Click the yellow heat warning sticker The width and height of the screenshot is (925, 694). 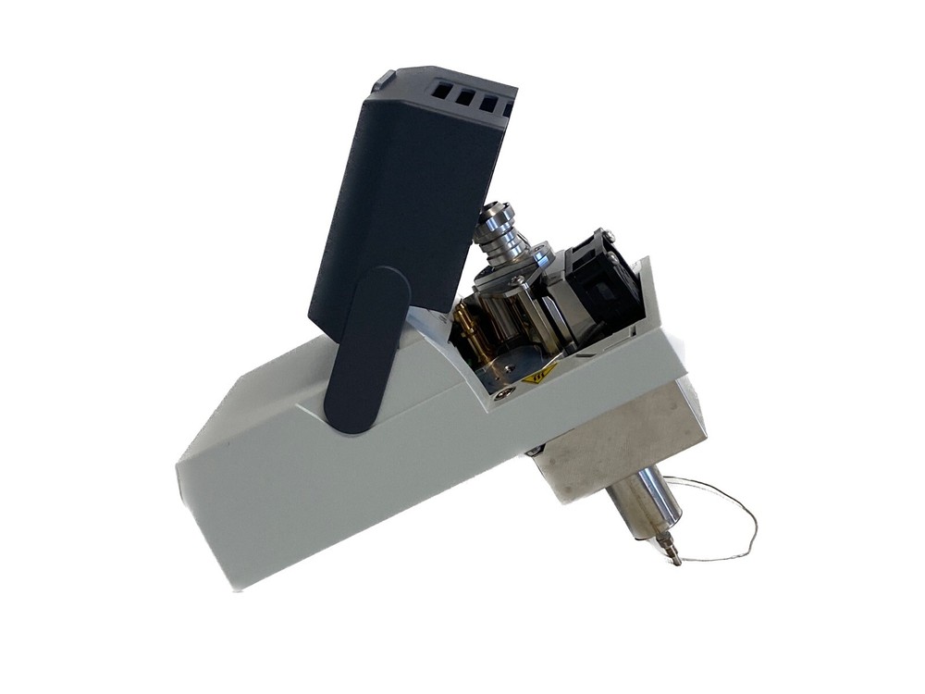tap(541, 374)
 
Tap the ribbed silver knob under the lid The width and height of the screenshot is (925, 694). tap(499, 231)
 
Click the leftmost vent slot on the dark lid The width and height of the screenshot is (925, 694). tap(442, 91)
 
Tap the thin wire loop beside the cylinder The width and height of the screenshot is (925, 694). tap(731, 523)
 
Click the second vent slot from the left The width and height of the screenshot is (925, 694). tap(465, 96)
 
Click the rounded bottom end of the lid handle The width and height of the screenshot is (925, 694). tap(350, 421)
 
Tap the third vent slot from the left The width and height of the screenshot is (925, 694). tap(487, 103)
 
